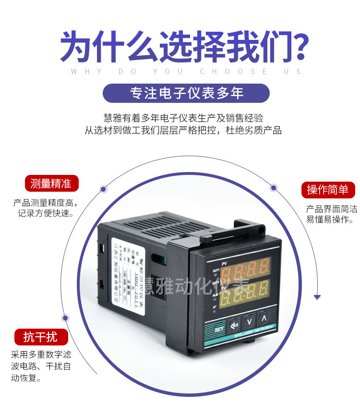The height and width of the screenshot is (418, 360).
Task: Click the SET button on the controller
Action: [x=218, y=329]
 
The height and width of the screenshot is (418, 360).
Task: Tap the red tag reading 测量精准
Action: [x=51, y=184]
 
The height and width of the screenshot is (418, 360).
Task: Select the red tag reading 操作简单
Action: [x=328, y=190]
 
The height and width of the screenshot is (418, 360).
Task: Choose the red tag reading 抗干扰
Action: [x=40, y=337]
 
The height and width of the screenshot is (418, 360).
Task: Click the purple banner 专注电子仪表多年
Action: [x=186, y=93]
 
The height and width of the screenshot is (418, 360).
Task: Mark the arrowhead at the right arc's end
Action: [x=317, y=297]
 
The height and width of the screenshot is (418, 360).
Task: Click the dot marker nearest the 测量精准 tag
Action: [x=103, y=189]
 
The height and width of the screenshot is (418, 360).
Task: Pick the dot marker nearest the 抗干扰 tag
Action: [x=65, y=318]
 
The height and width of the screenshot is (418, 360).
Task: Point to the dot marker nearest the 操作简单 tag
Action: [x=274, y=187]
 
